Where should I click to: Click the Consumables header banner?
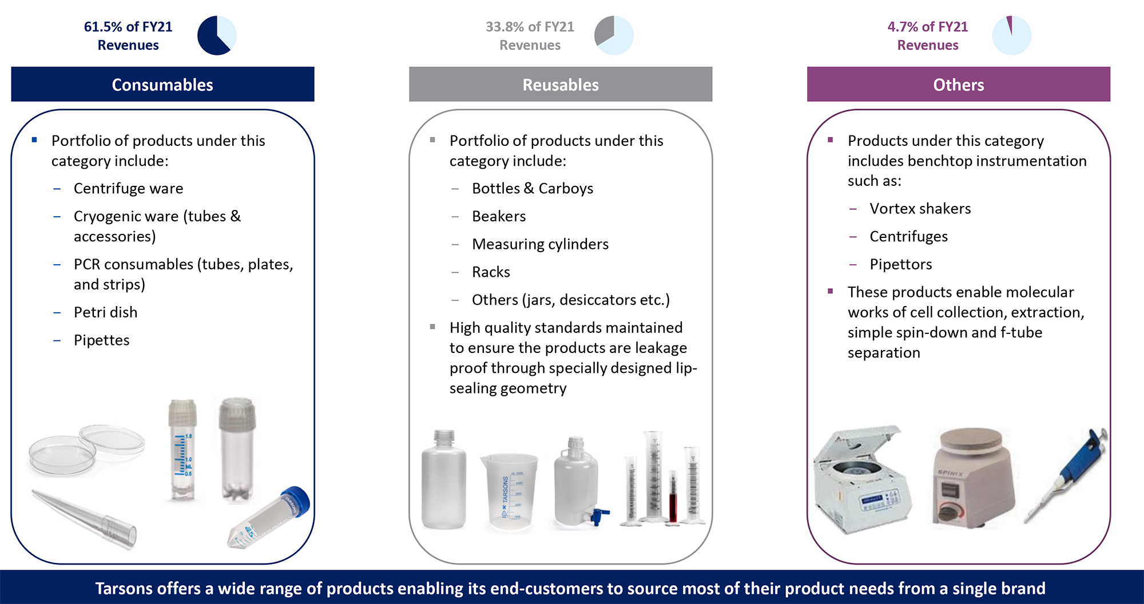tap(162, 84)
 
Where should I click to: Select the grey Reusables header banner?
tap(561, 84)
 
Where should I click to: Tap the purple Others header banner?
tap(959, 84)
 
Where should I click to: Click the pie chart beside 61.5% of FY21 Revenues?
tap(217, 35)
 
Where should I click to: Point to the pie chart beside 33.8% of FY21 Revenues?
tap(614, 35)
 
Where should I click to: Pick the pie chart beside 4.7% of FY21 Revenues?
tap(1011, 35)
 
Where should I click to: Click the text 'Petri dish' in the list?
tap(106, 312)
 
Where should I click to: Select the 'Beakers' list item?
tap(499, 216)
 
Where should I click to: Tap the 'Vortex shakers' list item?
tap(920, 209)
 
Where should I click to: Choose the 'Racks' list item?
tap(491, 272)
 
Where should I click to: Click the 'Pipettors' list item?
tap(901, 264)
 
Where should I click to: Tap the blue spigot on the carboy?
tap(600, 516)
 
